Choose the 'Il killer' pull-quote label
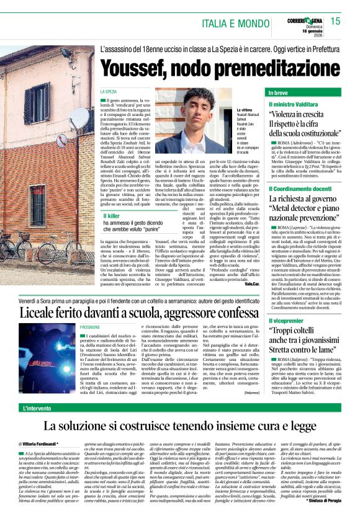point(112,215)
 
